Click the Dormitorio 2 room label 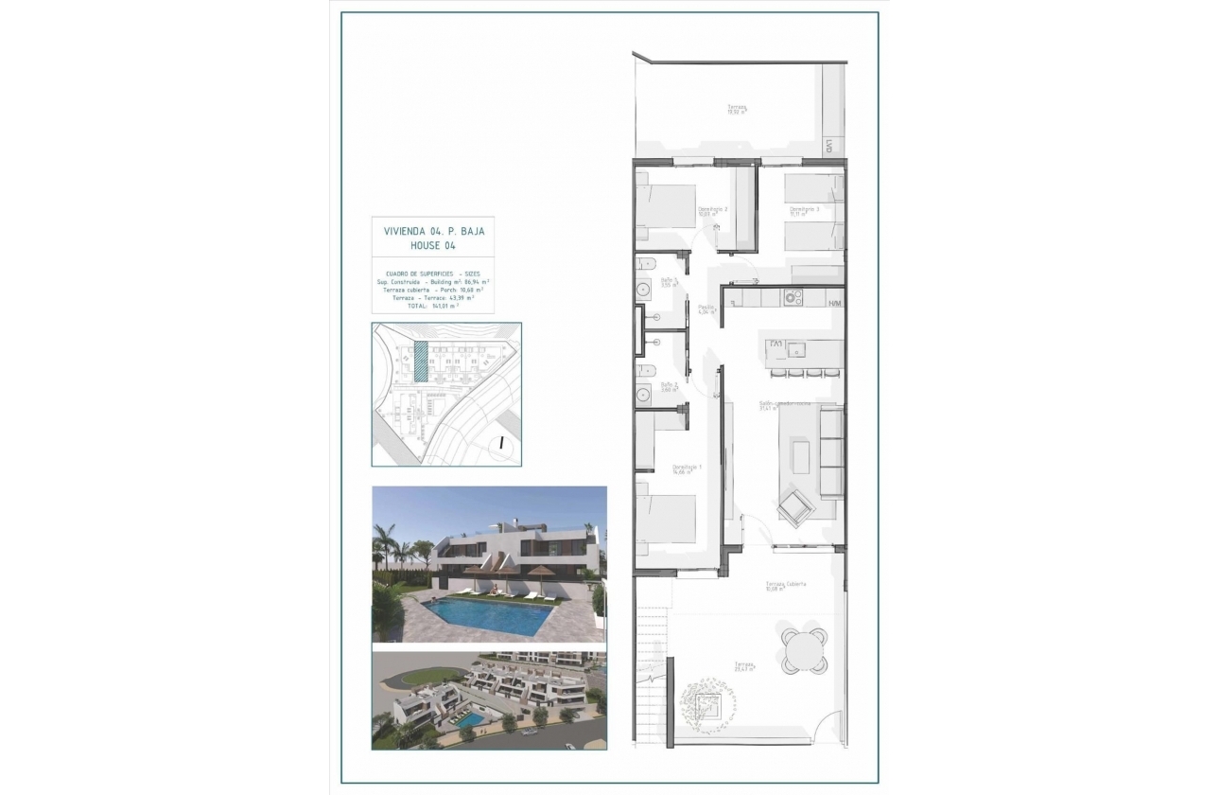point(711,211)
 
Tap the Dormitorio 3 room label point(804,211)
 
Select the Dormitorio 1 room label point(686,468)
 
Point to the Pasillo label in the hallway point(706,309)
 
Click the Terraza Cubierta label point(786,586)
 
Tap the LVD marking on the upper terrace point(828,147)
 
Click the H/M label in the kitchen point(834,303)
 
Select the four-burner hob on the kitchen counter point(793,297)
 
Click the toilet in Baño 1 point(644,263)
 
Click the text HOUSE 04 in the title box point(432,245)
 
